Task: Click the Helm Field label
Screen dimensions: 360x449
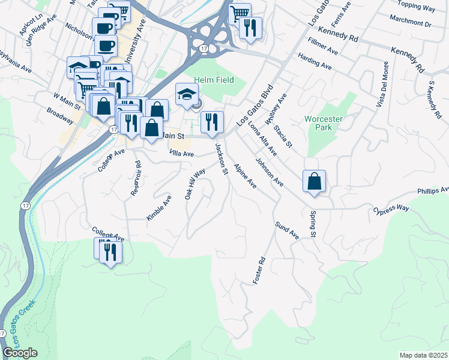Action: click(x=218, y=80)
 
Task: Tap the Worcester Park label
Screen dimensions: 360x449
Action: click(x=323, y=123)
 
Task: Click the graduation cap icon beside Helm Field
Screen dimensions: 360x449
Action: click(x=187, y=95)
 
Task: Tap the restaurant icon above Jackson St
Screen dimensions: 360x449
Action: click(x=212, y=122)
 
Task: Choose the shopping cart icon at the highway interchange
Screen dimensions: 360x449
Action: click(x=240, y=13)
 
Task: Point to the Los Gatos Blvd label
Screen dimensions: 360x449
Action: click(x=255, y=104)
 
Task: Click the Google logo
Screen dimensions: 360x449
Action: click(x=20, y=353)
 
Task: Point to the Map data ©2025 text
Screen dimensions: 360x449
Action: click(x=423, y=355)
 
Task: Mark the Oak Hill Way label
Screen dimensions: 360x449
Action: click(x=195, y=184)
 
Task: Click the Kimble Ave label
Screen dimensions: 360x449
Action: click(x=159, y=206)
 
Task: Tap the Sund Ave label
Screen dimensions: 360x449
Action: click(x=287, y=230)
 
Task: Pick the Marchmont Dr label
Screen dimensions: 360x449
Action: click(x=410, y=25)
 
